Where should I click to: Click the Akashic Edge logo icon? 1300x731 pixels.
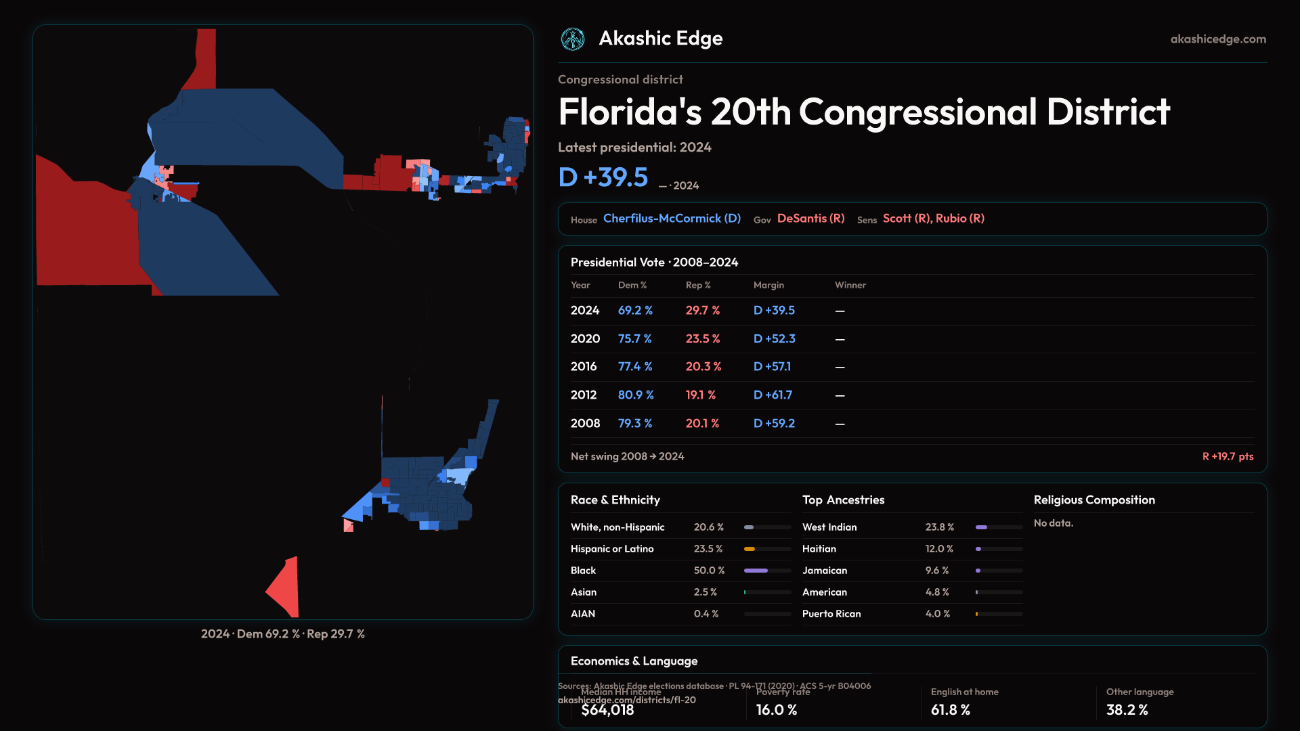coord(573,39)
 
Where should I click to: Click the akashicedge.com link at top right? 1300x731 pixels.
coord(1218,39)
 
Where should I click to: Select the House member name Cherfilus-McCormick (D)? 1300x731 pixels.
coord(672,219)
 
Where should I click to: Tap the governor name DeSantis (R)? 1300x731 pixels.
coord(810,219)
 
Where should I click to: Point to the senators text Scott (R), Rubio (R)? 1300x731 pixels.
coord(933,219)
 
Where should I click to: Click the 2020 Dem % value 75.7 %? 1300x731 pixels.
coord(634,338)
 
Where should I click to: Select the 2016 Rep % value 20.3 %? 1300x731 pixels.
coord(703,367)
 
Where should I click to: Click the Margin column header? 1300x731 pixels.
coord(768,285)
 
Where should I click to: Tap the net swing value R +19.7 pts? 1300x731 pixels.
coord(1227,457)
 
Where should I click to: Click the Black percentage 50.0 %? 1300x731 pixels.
coord(709,571)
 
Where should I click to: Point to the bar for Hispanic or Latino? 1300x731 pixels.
coord(767,549)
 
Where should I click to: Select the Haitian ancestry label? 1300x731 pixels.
coord(819,549)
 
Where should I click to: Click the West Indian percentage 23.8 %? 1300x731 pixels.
coord(939,527)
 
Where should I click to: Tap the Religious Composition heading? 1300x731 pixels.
coord(1093,500)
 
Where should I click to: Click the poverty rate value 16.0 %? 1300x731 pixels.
coord(776,710)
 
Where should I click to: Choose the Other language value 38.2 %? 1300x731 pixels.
coord(1127,710)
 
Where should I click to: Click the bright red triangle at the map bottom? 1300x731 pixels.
coord(286,588)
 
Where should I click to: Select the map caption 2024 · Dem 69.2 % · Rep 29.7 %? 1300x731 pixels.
coord(282,634)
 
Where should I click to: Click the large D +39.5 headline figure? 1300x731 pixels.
coord(603,177)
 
